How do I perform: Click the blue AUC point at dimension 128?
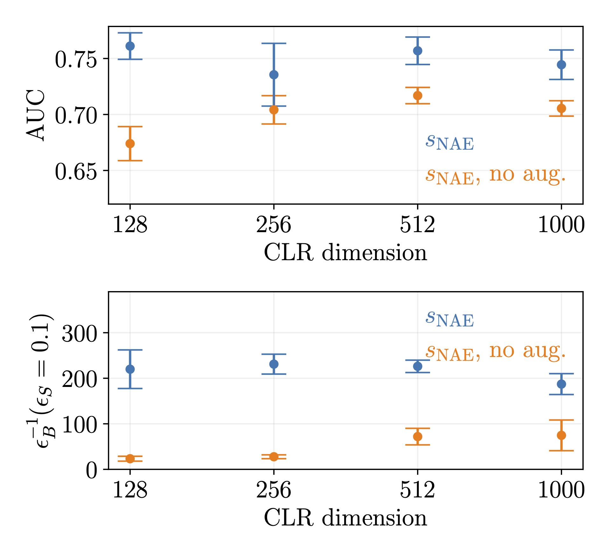[x=130, y=46]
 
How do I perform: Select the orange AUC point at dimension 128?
[x=130, y=144]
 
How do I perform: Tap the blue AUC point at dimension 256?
[x=274, y=75]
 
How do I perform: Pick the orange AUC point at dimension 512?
[x=418, y=96]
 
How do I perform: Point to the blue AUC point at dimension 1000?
[x=561, y=65]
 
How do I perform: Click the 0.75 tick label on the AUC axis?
[x=76, y=60]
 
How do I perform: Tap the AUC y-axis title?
[x=36, y=115]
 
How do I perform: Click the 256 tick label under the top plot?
[x=274, y=225]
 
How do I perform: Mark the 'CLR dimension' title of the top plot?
[x=345, y=253]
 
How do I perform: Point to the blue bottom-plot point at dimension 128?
[x=130, y=369]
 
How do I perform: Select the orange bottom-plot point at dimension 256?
[x=274, y=456]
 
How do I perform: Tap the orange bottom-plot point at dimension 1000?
[x=561, y=435]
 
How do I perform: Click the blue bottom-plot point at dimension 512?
[x=418, y=366]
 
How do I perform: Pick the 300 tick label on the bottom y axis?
[x=79, y=334]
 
